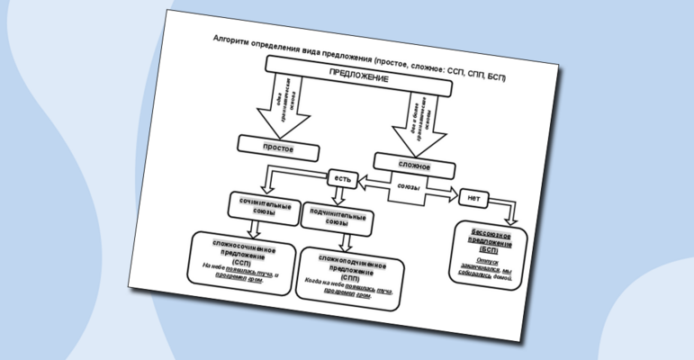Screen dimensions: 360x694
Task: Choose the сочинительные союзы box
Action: coord(265,209)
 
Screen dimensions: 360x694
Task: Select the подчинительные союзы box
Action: coord(335,220)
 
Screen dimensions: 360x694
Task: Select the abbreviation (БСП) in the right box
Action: coord(489,249)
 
